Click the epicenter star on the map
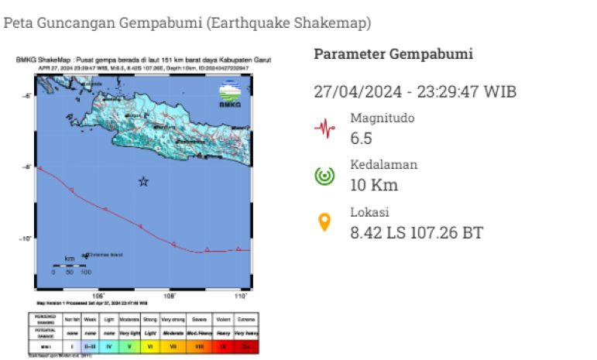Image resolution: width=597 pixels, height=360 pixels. click(x=143, y=181)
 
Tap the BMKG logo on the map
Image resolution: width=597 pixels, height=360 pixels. click(x=230, y=94)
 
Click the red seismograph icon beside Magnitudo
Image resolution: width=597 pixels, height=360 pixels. click(x=324, y=128)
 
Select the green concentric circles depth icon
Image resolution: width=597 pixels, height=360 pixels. click(x=324, y=176)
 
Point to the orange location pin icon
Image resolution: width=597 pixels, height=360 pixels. click(x=324, y=223)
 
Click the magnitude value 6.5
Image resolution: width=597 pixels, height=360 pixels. click(x=362, y=139)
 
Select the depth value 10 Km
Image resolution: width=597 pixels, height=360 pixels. click(x=374, y=185)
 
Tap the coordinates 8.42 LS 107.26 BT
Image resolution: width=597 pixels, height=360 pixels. click(x=417, y=232)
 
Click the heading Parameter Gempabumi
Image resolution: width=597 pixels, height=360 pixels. click(x=393, y=54)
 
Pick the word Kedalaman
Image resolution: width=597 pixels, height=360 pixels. click(x=383, y=165)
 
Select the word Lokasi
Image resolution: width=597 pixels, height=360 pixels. click(x=369, y=212)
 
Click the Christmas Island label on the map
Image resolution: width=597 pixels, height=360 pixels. click(x=105, y=254)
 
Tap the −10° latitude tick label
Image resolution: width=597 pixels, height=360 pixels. click(x=25, y=238)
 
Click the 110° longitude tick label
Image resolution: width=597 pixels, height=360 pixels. click(x=241, y=296)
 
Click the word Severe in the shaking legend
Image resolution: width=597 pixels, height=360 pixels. click(x=201, y=318)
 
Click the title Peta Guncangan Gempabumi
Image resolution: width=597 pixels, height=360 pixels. click(x=104, y=23)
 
